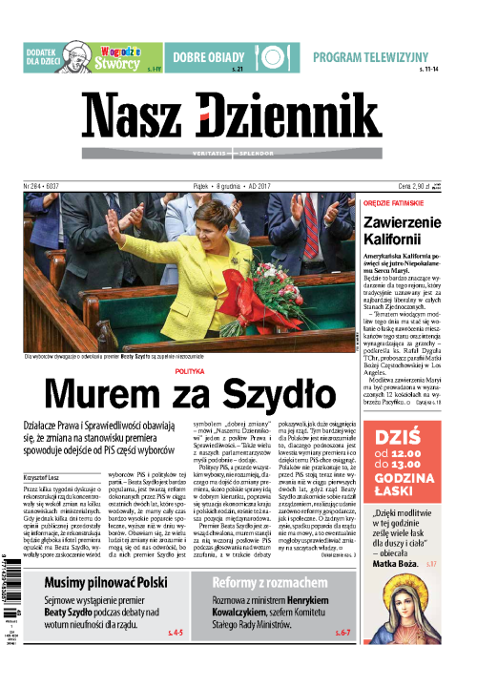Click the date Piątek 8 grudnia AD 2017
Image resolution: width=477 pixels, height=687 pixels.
[238, 188]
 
